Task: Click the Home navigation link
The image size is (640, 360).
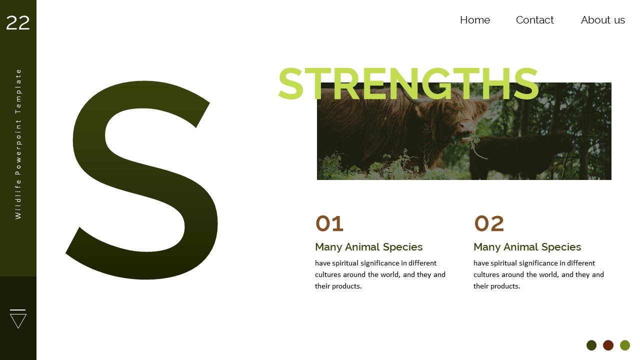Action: pyautogui.click(x=474, y=20)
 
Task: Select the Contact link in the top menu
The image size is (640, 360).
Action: pyautogui.click(x=534, y=20)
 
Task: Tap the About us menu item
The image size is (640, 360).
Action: pyautogui.click(x=602, y=20)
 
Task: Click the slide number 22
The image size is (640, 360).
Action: pyautogui.click(x=18, y=23)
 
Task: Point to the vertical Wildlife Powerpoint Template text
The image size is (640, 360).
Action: pyautogui.click(x=18, y=144)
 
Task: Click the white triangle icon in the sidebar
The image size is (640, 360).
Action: pyautogui.click(x=18, y=319)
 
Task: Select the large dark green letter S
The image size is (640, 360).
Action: pyautogui.click(x=142, y=180)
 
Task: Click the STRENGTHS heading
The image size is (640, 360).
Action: pyautogui.click(x=408, y=84)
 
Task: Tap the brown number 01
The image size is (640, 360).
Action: pyautogui.click(x=329, y=223)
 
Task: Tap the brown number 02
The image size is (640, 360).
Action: pyautogui.click(x=489, y=223)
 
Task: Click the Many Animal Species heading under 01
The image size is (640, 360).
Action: pyautogui.click(x=368, y=247)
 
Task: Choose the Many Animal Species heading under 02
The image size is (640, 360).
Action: pyautogui.click(x=527, y=247)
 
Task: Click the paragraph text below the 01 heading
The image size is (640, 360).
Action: pyautogui.click(x=380, y=274)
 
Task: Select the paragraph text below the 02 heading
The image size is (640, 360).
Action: pyautogui.click(x=538, y=274)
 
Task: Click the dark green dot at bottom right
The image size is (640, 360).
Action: pyautogui.click(x=591, y=345)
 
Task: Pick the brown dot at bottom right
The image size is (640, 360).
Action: pyautogui.click(x=608, y=345)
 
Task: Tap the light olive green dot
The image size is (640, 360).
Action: pyautogui.click(x=625, y=345)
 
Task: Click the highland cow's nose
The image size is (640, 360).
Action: pyautogui.click(x=465, y=125)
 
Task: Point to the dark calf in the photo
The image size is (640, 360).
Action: pyautogui.click(x=520, y=155)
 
